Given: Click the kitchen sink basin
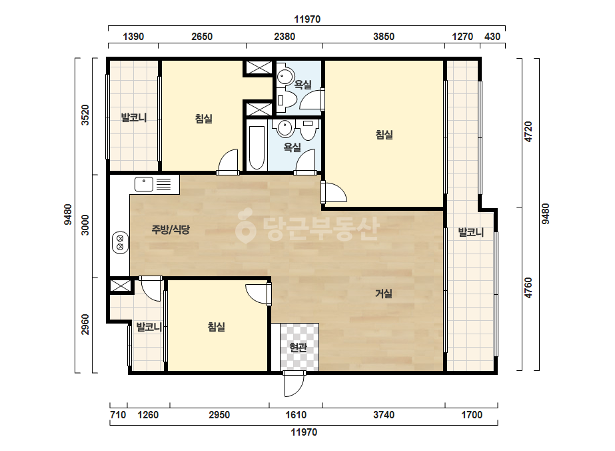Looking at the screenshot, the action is click(143, 184).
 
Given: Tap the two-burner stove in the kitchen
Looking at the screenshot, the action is click(120, 242).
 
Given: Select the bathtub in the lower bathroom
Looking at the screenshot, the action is click(257, 147).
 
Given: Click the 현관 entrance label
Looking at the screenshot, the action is click(298, 348).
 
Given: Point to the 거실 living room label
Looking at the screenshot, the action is click(384, 294).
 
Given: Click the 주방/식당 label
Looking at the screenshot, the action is click(171, 230).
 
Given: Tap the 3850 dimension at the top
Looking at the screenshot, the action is click(384, 37).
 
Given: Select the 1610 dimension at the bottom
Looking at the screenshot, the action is click(296, 415).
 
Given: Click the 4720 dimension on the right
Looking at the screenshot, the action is click(528, 132).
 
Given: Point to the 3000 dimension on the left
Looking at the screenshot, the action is click(85, 225).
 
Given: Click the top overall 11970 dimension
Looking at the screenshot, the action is click(307, 19).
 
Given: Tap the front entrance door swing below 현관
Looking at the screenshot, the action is click(294, 384).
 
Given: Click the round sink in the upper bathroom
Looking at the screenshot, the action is click(285, 76).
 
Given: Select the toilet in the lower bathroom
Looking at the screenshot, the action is click(308, 129).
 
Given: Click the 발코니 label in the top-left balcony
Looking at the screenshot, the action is click(133, 117).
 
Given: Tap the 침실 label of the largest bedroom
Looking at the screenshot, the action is click(384, 135).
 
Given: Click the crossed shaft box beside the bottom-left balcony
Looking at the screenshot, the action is click(121, 286).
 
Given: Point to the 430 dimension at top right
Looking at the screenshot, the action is click(492, 37).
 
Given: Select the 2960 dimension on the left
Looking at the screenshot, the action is click(85, 324).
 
